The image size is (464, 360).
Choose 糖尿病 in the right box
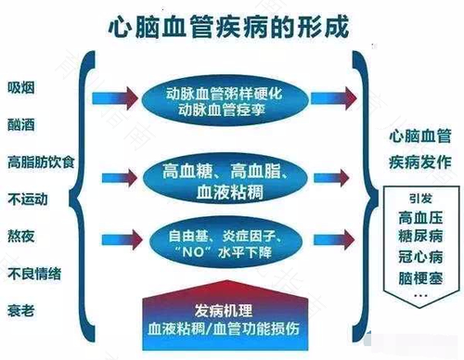pyautogui.click(x=422, y=238)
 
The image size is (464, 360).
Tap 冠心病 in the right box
pyautogui.click(x=422, y=259)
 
